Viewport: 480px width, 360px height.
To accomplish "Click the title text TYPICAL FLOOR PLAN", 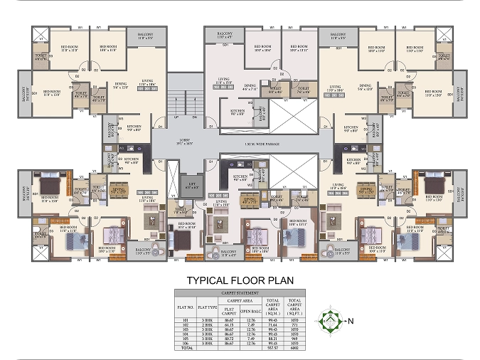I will tap(239, 280).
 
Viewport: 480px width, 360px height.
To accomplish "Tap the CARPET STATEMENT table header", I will tap(239, 292).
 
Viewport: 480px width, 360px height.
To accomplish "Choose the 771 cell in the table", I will tap(295, 324).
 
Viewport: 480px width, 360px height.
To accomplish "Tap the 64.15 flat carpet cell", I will tap(228, 324).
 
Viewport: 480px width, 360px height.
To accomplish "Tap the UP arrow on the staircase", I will tap(176, 117).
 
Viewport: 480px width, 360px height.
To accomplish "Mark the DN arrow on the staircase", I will tap(196, 117).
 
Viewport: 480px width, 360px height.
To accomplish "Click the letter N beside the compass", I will tap(348, 321).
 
